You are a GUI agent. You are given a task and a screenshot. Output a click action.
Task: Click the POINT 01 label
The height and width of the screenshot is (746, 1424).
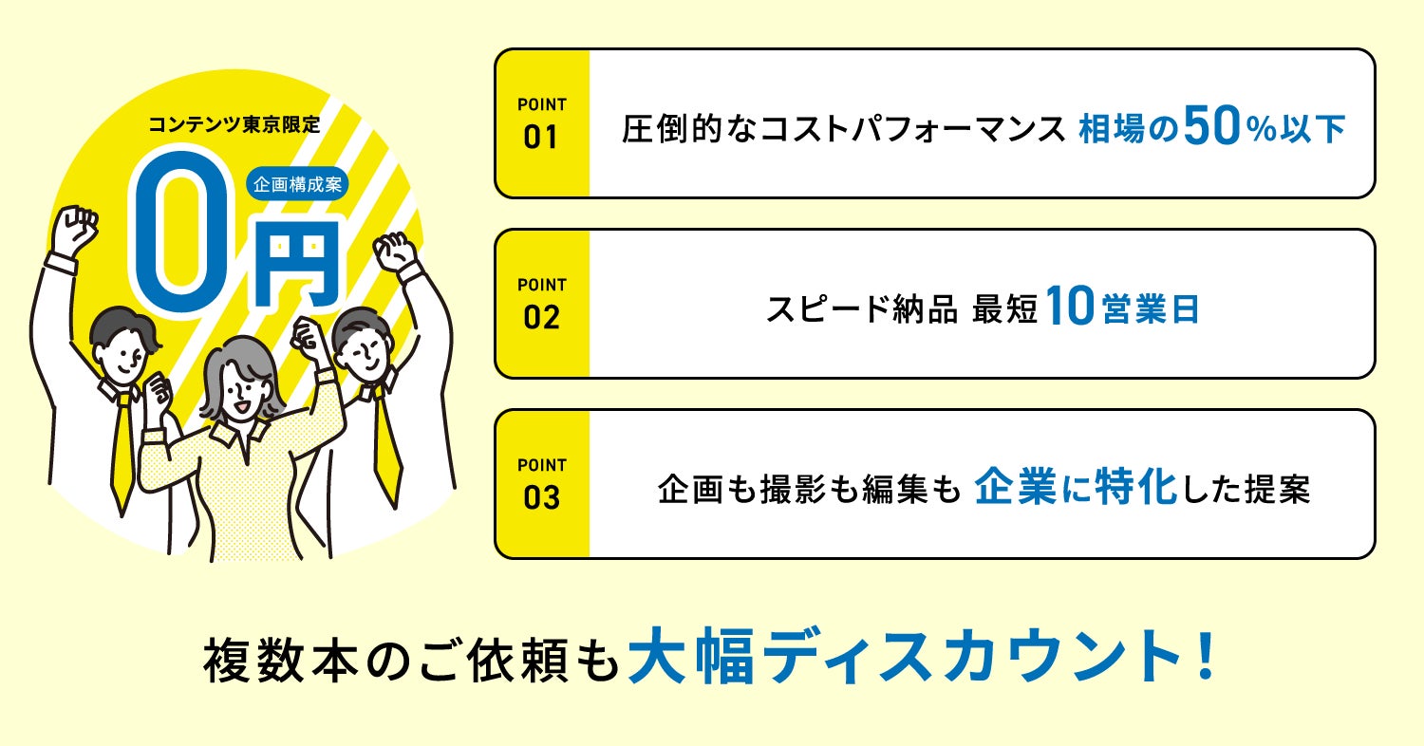pyautogui.click(x=541, y=124)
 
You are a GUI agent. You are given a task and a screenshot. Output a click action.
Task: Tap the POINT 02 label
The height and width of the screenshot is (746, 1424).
pyautogui.click(x=541, y=305)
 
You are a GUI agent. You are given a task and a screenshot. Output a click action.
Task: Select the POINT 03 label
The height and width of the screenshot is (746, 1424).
pyautogui.click(x=541, y=484)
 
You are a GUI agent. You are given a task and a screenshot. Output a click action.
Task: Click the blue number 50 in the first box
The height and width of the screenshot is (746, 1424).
pyautogui.click(x=1209, y=130)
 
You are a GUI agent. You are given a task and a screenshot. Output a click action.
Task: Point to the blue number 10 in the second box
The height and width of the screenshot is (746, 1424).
pyautogui.click(x=1071, y=309)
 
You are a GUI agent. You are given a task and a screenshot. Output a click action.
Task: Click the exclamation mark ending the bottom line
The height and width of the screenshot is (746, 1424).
pyautogui.click(x=1207, y=656)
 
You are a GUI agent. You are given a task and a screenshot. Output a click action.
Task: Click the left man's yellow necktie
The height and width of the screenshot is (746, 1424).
pyautogui.click(x=122, y=446)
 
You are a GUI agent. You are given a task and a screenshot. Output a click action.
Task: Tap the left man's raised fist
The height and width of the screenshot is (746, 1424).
pyautogui.click(x=76, y=229)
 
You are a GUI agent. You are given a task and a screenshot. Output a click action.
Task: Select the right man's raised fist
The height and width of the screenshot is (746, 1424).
pyautogui.click(x=396, y=251)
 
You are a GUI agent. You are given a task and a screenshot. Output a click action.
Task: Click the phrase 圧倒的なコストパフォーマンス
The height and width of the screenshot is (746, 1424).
pyautogui.click(x=843, y=131)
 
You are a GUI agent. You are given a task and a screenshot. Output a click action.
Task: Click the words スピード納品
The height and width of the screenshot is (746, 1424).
pyautogui.click(x=861, y=310)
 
